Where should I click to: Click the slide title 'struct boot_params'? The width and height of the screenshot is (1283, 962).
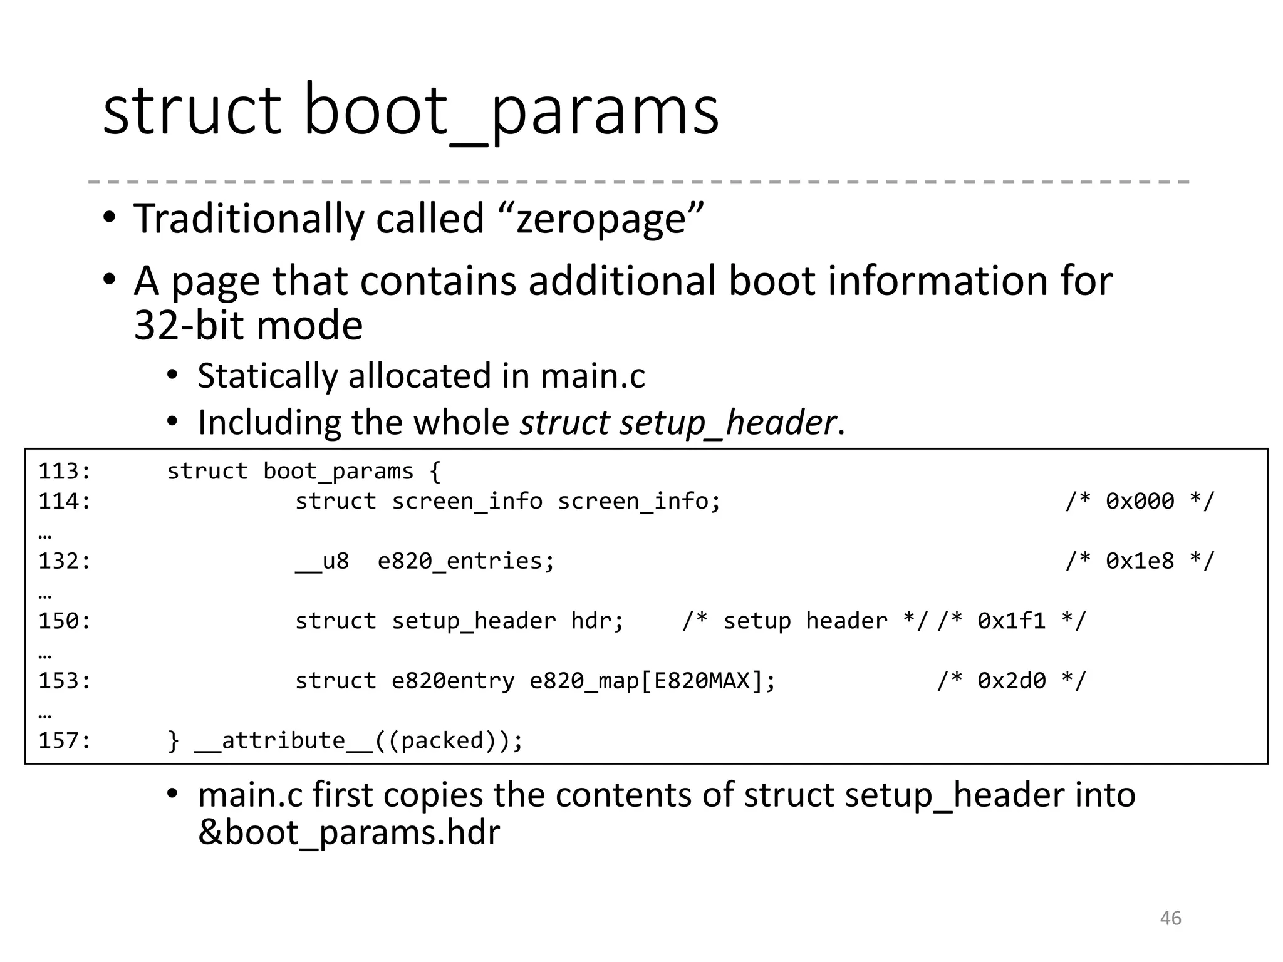coord(410,111)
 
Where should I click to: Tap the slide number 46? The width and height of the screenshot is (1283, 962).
coord(1170,918)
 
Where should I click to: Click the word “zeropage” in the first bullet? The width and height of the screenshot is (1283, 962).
coord(601,219)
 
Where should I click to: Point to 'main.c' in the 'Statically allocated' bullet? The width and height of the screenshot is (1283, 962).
coord(592,376)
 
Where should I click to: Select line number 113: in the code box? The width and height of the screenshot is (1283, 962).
coord(65,471)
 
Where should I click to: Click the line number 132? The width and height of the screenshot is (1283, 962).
coord(65,561)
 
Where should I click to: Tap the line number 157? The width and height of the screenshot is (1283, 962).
coord(65,740)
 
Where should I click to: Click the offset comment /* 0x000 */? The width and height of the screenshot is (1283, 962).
coord(1140,501)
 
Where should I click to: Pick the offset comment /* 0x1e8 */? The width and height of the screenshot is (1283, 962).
coord(1140,561)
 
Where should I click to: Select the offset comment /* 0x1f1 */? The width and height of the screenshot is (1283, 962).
coord(1011,621)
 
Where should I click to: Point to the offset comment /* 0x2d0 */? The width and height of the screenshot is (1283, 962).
coord(1011,680)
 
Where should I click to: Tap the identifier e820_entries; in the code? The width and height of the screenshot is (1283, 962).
coord(466,561)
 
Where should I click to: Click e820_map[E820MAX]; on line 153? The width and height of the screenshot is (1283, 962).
coord(652,680)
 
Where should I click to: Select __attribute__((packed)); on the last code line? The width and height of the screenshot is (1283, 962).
coord(358,740)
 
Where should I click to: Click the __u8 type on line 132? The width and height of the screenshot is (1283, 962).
coord(322,561)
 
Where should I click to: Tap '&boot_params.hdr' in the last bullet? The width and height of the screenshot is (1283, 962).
coord(349,833)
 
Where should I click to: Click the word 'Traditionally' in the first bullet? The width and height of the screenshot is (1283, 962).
coord(247,219)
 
